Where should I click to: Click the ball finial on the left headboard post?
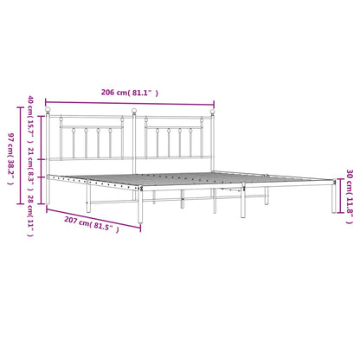tap(49, 111)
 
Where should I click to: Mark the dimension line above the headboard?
tap(130, 100)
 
